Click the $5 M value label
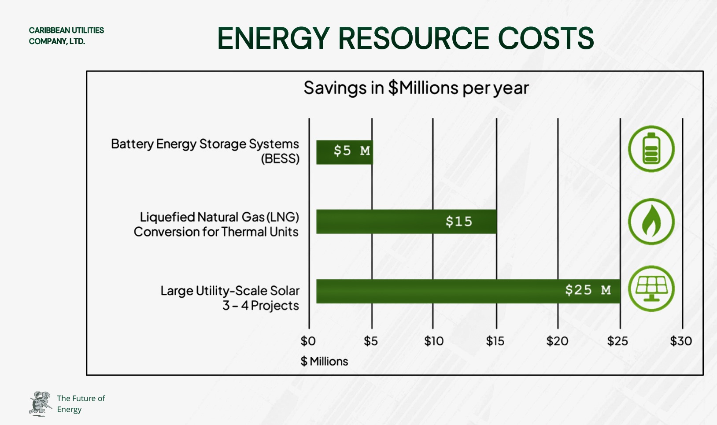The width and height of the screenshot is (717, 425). coord(351,151)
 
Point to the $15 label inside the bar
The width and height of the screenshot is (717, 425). coord(458,222)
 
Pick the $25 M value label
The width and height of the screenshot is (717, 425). coord(588,290)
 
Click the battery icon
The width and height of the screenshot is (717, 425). coord(651,149)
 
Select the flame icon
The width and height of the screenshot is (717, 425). coord(651,222)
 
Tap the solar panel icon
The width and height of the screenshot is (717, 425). coord(651,289)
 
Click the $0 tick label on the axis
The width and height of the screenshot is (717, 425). coord(308,341)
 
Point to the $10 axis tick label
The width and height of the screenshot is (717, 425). coord(434,341)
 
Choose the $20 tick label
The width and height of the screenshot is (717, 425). coord(557,341)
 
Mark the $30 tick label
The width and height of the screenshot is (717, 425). coord(681,341)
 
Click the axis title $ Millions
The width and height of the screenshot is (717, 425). coord(324,362)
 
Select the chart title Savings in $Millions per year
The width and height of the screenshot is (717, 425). coord(416,88)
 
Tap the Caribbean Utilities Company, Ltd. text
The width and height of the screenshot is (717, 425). coord(66,36)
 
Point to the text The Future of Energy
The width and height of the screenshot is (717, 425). coord(81,404)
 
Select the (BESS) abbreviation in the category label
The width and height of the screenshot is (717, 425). coord(280,159)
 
